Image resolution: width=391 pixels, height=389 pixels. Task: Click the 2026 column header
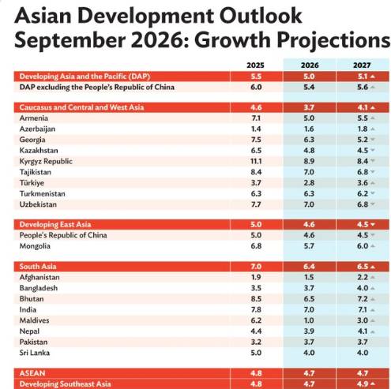pos(310,65)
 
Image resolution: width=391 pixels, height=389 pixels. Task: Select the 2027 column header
pos(362,65)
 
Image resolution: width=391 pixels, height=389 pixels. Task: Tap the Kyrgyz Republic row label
pos(46,161)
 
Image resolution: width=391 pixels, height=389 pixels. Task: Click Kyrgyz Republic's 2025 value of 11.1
pos(256,161)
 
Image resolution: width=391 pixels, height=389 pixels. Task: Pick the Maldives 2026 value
pos(309,320)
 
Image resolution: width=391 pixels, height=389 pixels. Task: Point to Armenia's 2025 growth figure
pos(256,118)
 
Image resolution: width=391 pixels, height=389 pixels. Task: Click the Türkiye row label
pos(32,183)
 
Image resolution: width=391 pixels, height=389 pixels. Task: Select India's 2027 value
pos(363,309)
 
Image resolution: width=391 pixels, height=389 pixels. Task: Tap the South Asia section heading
pos(38,267)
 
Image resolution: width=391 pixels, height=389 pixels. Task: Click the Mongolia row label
pos(35,246)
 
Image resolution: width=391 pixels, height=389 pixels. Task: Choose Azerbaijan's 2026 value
pos(309,129)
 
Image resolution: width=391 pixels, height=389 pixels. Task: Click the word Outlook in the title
pos(261,16)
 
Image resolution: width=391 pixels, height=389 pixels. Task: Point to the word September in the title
pos(70,40)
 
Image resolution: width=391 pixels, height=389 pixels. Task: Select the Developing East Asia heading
pos(55,224)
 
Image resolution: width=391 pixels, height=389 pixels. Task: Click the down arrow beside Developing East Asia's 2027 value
pos(373,225)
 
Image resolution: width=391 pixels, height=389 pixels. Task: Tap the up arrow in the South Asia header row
pos(373,267)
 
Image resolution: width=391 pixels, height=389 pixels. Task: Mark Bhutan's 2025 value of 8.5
pos(256,299)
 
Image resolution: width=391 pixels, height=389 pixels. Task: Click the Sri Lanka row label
pos(35,353)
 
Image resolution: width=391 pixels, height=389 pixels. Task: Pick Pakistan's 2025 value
pos(256,342)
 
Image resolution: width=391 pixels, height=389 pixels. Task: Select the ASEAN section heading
pos(32,373)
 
